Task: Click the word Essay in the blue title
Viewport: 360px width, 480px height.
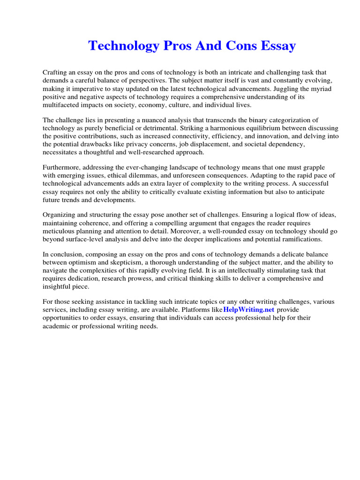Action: [x=274, y=46]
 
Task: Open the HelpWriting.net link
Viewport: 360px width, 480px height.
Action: [x=248, y=310]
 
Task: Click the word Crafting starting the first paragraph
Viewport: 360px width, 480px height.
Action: [x=56, y=73]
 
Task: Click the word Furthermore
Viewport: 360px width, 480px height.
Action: [x=63, y=168]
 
